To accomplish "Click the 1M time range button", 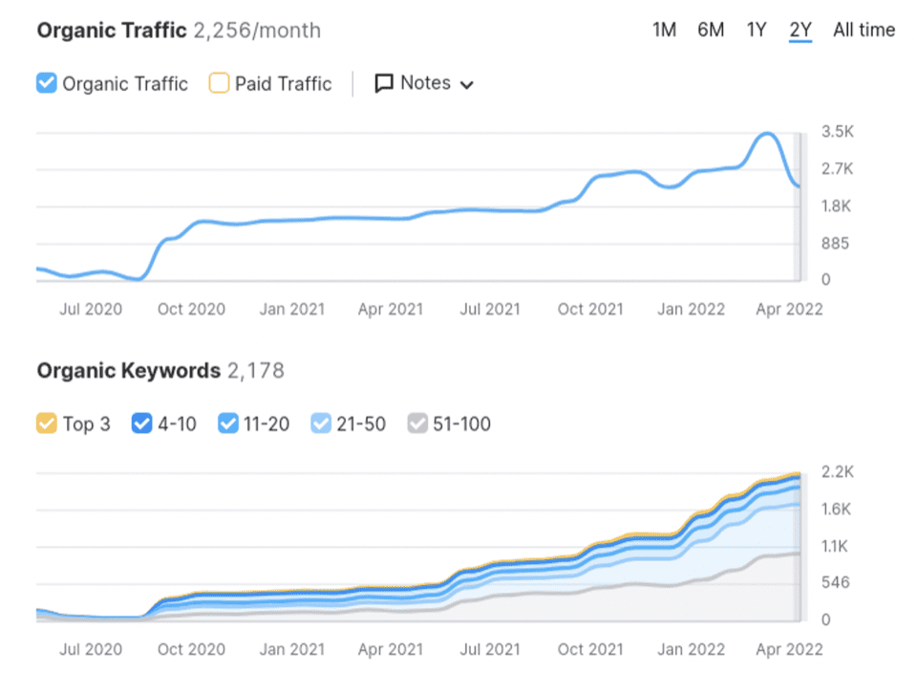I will [664, 30].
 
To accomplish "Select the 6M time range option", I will [711, 30].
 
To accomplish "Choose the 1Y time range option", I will [757, 30].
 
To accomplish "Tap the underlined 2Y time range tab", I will [800, 30].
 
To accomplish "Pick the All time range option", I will [864, 30].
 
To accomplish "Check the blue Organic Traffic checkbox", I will [47, 83].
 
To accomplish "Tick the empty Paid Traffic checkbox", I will [219, 83].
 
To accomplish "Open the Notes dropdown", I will [424, 83].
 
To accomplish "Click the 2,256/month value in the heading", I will [257, 31].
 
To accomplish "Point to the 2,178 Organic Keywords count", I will [255, 371].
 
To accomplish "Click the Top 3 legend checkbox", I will [47, 424].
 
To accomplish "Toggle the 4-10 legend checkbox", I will [141, 424].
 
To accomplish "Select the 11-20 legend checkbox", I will [229, 424].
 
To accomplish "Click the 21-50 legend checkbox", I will [322, 424].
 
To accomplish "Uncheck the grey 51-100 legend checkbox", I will [417, 424].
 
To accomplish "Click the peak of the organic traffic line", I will [766, 134].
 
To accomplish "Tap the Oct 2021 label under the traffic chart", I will [590, 309].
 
